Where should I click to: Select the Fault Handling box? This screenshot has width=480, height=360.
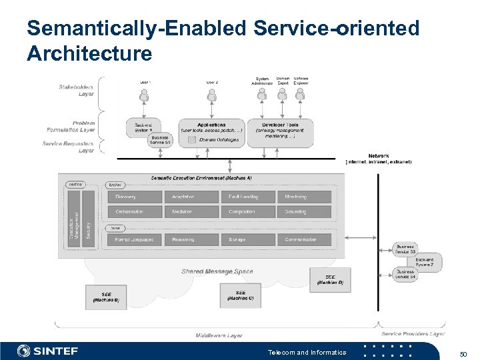[248, 197]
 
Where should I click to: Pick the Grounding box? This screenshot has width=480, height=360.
[304, 211]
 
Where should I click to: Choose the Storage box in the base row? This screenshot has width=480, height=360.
[248, 239]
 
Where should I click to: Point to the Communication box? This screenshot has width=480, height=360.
[304, 239]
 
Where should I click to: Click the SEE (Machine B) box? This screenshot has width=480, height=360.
[105, 297]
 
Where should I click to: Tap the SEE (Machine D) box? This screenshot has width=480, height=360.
[330, 279]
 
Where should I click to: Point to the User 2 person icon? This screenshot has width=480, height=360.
[212, 96]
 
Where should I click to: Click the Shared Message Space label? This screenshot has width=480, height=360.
[217, 271]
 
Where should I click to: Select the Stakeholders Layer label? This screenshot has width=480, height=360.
[76, 90]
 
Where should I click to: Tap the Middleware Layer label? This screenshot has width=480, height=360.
[219, 335]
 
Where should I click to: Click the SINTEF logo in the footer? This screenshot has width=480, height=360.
[48, 351]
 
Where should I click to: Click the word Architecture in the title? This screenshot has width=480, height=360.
[89, 53]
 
